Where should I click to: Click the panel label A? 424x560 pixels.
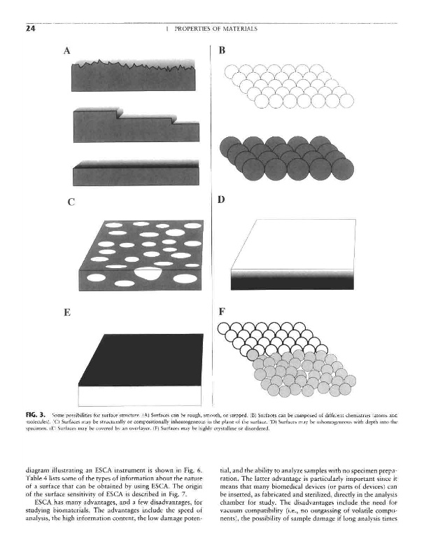(x=68, y=50)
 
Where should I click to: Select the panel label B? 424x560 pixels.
(x=222, y=50)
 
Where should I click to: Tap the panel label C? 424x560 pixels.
(x=71, y=203)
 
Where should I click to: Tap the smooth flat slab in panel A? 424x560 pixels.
(x=134, y=171)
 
